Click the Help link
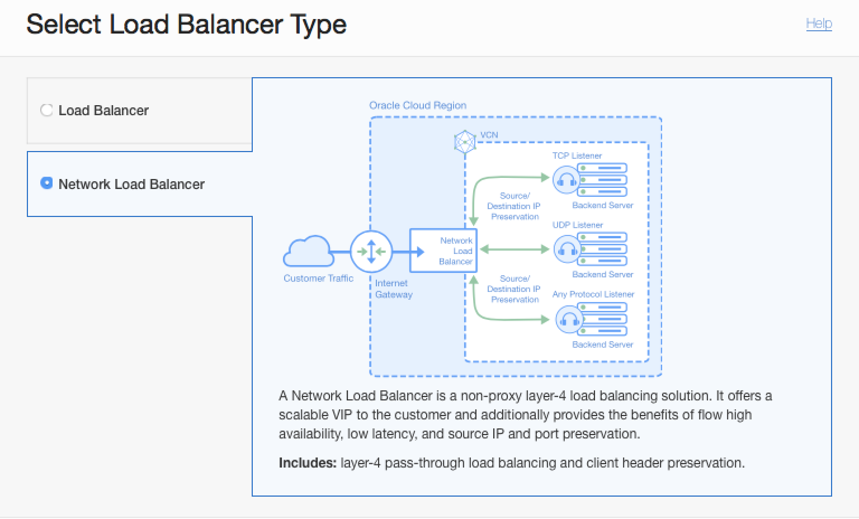point(819,23)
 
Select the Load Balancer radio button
point(46,110)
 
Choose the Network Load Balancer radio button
point(46,183)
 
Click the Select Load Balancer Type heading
point(186,25)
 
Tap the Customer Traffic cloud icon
point(307,251)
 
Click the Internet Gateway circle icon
point(371,252)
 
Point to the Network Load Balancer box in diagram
point(443,251)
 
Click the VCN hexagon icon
point(465,141)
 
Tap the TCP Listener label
point(577,155)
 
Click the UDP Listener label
point(577,225)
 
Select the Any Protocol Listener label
point(593,294)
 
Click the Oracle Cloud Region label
point(417,105)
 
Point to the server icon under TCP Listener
point(602,180)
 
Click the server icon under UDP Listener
point(602,249)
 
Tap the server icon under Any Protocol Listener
point(602,319)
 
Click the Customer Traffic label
point(318,278)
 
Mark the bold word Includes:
point(307,463)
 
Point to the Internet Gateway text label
point(393,289)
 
